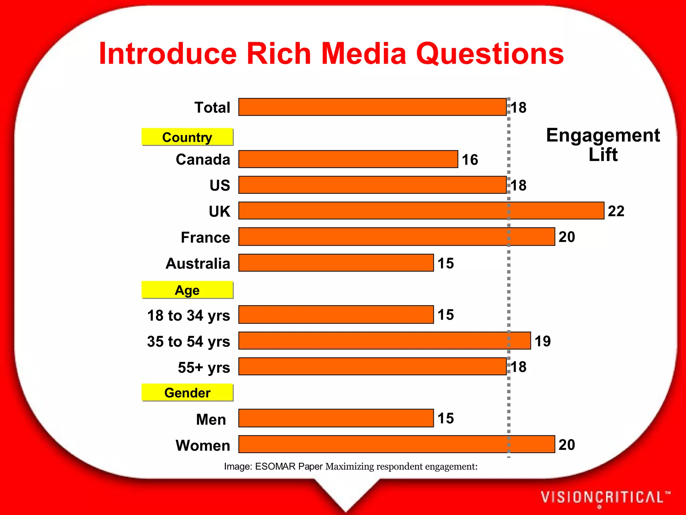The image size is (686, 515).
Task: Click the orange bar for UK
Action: pos(421,211)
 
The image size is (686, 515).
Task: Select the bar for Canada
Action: pos(348,159)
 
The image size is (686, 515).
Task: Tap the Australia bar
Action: pos(336,263)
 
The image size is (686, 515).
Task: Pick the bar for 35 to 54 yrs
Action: pos(385,341)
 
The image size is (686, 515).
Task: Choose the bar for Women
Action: pos(397,444)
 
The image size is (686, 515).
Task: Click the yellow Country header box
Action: pos(187,137)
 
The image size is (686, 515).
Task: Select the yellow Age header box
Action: pos(187,290)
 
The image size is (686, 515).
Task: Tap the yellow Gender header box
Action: pos(187,393)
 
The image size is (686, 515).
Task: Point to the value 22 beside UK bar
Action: pos(616,211)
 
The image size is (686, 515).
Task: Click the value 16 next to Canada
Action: pos(470,160)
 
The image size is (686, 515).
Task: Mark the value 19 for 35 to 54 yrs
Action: pos(543,341)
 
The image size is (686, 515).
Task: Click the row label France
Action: pos(205,237)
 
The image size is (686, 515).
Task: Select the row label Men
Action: pos(211,419)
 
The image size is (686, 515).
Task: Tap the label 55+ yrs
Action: pos(204,367)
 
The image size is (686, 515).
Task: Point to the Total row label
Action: pos(212,108)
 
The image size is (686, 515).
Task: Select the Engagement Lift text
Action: pos(603,145)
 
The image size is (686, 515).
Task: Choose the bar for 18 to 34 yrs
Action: pos(336,314)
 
